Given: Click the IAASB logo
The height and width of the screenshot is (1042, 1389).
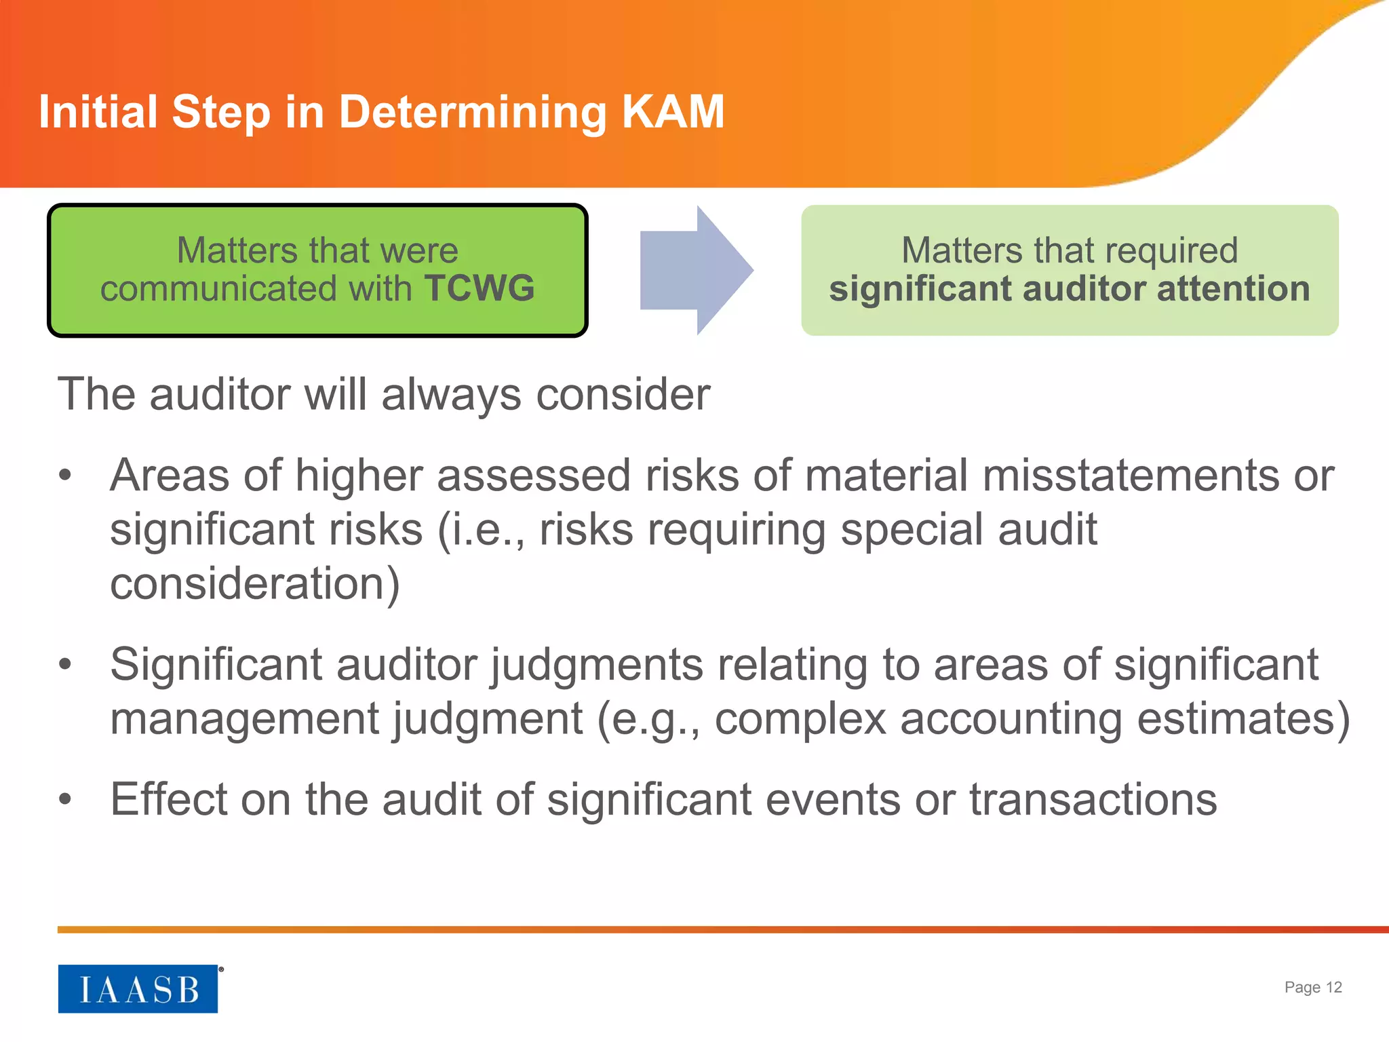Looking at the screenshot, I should point(138,988).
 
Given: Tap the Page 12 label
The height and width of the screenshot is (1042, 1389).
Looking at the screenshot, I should point(1312,987).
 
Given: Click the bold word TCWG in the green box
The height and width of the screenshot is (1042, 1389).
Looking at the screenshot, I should point(480,288).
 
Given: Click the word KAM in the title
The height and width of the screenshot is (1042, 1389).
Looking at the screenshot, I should point(673,111).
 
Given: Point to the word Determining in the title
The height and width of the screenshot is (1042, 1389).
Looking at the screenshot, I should point(472,113).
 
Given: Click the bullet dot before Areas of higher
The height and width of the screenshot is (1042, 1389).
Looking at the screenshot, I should point(65,476).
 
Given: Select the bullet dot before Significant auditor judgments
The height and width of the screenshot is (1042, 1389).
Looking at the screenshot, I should point(65,664).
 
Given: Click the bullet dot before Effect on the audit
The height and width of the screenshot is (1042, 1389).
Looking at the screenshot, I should point(65,799).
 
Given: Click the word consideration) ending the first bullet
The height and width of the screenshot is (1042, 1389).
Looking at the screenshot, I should point(255,583).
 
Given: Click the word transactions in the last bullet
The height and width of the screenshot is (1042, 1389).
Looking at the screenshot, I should point(1093,799).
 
